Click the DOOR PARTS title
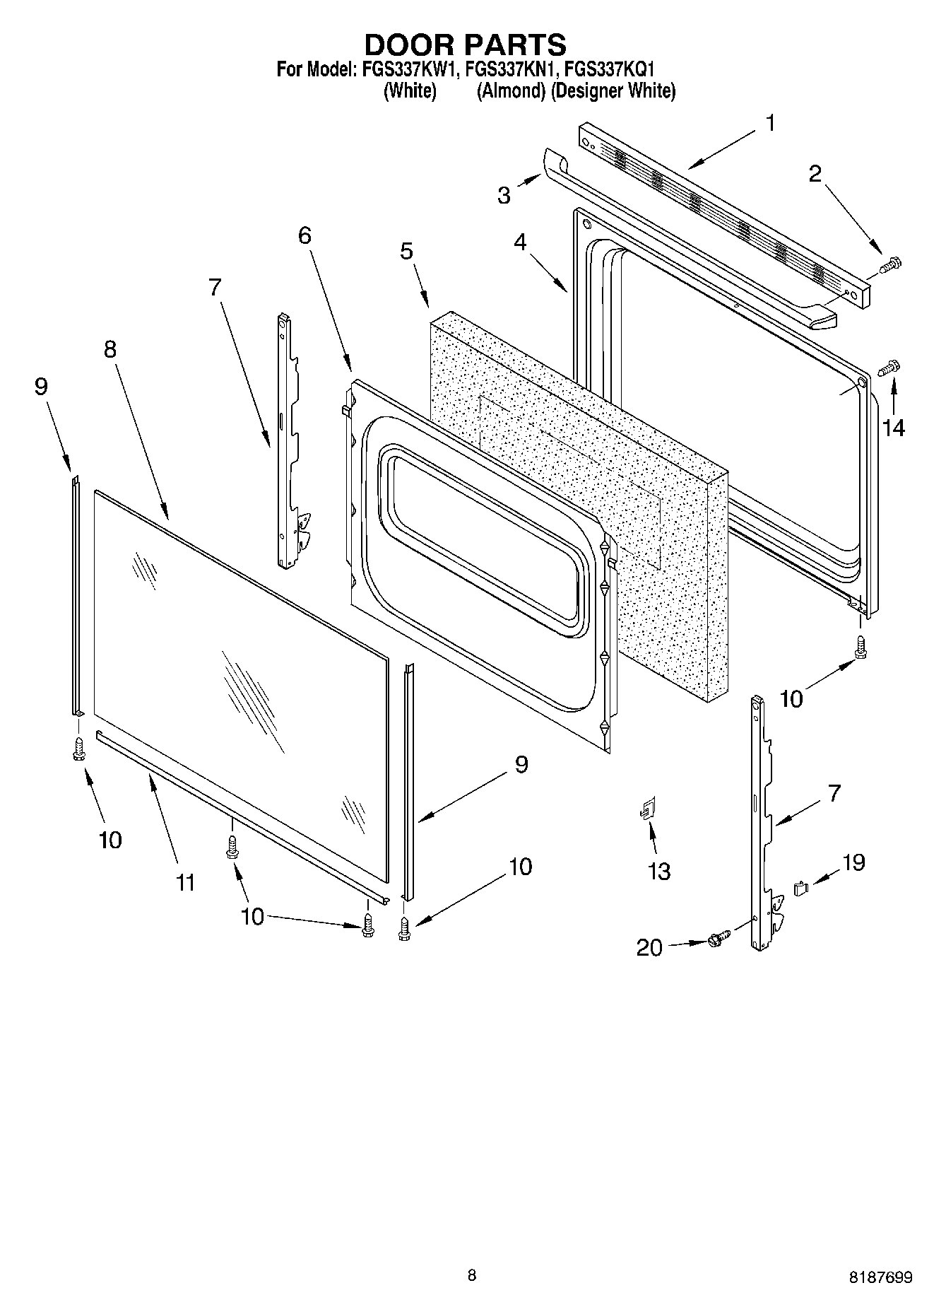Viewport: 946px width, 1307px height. point(465,45)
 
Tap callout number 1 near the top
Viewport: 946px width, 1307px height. point(770,123)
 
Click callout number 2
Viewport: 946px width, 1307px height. point(815,174)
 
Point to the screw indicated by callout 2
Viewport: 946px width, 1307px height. point(892,265)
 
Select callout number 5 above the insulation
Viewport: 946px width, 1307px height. point(406,252)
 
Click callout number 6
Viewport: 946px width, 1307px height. point(304,235)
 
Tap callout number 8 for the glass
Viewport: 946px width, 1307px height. point(110,349)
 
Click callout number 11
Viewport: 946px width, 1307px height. point(185,883)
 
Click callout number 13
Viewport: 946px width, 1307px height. point(658,872)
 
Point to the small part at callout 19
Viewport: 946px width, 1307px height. point(800,887)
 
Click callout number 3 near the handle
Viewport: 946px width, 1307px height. point(504,196)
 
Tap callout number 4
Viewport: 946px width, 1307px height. point(520,242)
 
